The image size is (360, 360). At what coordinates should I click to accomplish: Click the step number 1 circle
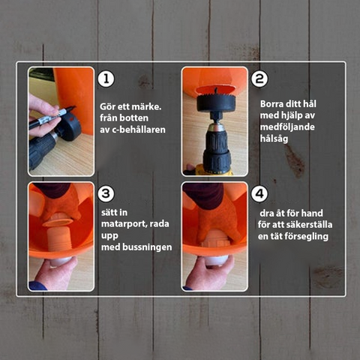(x=106, y=79)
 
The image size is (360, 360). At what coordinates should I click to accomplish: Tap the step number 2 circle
(x=259, y=79)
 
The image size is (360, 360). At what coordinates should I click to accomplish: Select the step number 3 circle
(x=106, y=193)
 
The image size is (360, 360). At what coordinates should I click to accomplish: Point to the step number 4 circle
(x=259, y=193)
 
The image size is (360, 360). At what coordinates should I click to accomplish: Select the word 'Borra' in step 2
(x=271, y=103)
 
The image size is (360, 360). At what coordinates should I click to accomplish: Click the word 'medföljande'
(x=287, y=127)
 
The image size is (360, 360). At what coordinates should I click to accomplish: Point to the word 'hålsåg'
(x=274, y=139)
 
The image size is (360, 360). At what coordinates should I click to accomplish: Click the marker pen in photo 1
(x=52, y=116)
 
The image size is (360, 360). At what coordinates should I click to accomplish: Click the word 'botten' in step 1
(x=134, y=118)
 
